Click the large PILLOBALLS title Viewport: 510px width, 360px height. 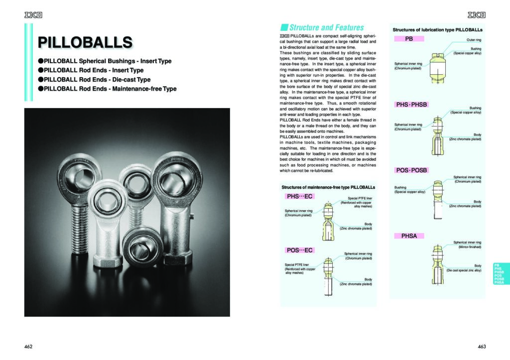point(85,41)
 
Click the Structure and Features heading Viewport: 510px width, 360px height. point(326,27)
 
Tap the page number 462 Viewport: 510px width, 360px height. point(28,346)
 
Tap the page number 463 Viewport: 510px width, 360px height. point(481,346)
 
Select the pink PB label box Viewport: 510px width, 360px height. point(408,38)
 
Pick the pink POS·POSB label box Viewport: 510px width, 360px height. point(412,170)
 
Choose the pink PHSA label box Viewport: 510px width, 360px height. point(409,236)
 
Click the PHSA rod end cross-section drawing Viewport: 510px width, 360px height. point(437,266)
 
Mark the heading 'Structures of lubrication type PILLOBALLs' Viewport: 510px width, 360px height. point(437,30)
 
